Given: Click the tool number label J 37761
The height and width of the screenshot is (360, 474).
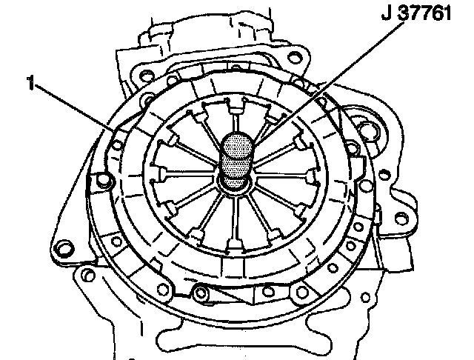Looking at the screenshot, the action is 416,13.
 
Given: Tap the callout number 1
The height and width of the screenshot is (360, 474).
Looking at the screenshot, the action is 30,83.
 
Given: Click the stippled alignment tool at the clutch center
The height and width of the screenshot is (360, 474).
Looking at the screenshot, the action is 237,159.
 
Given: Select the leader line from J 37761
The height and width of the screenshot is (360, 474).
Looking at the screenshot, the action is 330,81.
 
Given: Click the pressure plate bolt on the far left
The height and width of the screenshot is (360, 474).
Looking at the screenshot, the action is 104,181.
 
